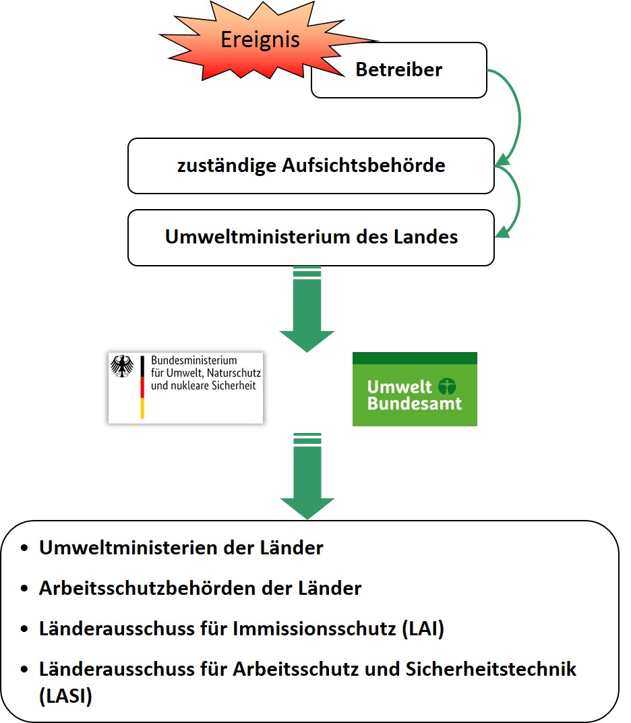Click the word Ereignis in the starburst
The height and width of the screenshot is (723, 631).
(x=260, y=40)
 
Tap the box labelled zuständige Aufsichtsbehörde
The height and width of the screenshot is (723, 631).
(x=311, y=165)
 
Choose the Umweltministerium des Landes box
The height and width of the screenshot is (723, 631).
(x=311, y=237)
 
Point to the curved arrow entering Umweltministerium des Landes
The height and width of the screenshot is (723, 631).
(x=516, y=202)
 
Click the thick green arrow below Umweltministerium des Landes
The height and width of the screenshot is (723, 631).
(x=307, y=310)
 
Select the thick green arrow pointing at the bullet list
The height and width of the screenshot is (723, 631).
(x=307, y=479)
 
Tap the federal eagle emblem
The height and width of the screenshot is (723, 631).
(x=122, y=368)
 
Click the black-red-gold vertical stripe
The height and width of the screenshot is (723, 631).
(x=142, y=388)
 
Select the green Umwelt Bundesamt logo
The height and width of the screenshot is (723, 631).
(x=415, y=389)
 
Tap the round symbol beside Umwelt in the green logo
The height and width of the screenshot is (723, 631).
(x=446, y=386)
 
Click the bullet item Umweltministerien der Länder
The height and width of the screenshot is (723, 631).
(x=181, y=548)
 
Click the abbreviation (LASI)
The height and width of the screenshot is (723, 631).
(x=65, y=695)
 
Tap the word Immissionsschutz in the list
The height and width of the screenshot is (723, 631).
(x=314, y=629)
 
